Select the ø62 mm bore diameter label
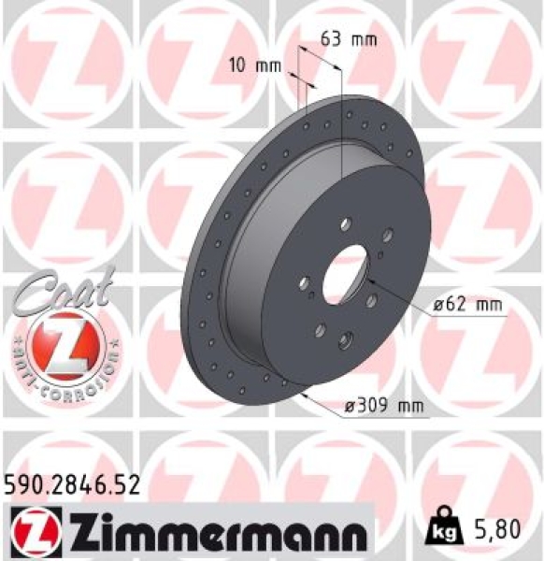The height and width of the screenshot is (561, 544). click(467, 305)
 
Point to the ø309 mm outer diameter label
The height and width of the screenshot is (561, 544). click(383, 406)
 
